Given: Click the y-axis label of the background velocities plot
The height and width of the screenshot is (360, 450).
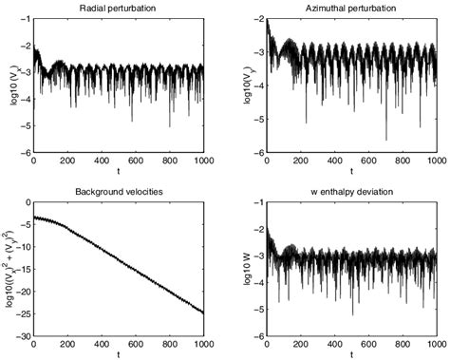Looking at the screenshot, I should coord(10,269).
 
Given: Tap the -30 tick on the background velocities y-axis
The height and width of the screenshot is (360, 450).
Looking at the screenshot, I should coord(24,335).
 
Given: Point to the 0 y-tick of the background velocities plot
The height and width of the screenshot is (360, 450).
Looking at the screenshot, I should coord(28,204).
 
